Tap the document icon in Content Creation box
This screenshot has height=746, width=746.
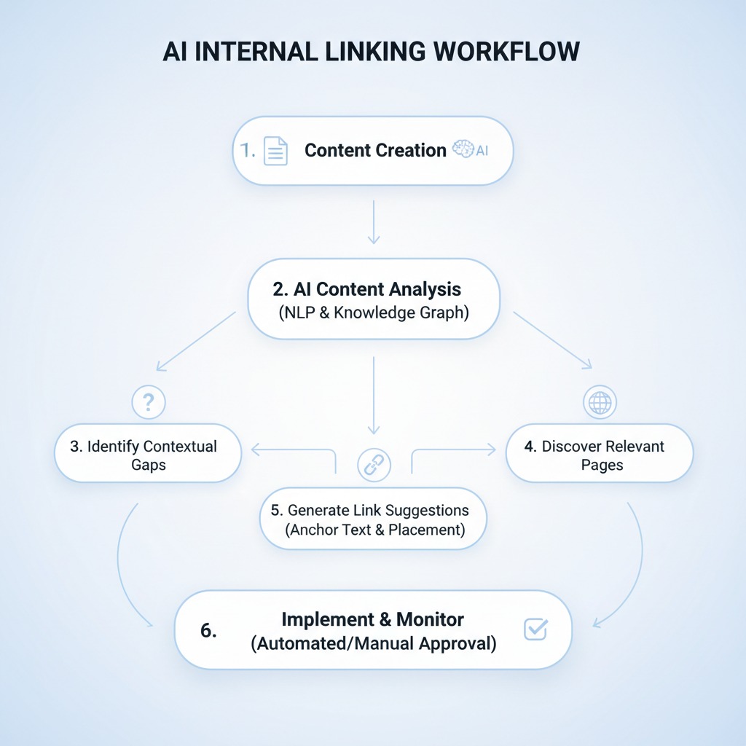point(275,151)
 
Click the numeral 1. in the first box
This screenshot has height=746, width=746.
point(249,151)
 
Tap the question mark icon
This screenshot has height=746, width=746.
point(149,401)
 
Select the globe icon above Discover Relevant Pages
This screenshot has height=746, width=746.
point(600,401)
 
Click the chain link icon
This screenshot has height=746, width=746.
point(374,463)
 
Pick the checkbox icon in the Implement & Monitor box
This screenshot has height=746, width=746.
point(535,629)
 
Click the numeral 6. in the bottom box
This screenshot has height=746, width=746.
point(208,631)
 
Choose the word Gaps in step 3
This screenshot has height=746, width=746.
point(149,465)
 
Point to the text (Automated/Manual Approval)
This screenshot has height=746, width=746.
point(373,643)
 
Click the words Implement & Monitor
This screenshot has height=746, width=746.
point(372,619)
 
